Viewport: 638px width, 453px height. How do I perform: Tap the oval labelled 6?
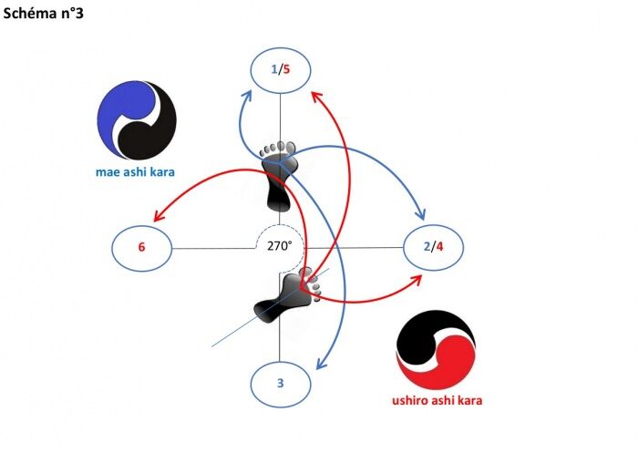[x=142, y=247]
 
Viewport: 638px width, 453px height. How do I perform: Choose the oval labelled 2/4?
[x=434, y=247]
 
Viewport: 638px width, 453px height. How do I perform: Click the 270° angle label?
[x=279, y=245]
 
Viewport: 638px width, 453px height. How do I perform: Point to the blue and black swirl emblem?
[x=136, y=121]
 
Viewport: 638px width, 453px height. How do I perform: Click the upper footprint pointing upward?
[x=277, y=173]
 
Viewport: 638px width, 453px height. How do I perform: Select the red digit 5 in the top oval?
[x=287, y=69]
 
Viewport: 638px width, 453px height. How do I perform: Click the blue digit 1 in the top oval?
[x=274, y=69]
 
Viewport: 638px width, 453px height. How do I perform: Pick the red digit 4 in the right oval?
[x=440, y=247]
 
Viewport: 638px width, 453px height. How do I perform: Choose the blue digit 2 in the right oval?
[x=427, y=247]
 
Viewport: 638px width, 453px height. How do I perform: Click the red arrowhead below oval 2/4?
[x=416, y=277]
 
